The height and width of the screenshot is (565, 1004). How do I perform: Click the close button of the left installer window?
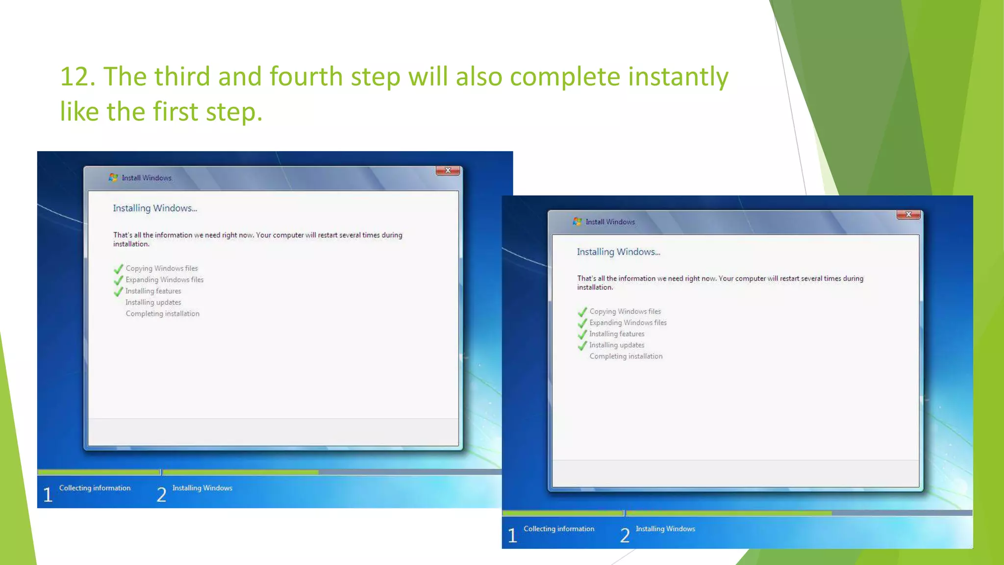[448, 171]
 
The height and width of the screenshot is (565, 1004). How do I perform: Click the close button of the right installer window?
[908, 215]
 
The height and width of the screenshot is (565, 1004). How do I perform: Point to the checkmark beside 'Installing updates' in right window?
[582, 346]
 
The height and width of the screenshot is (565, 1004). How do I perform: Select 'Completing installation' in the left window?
[162, 314]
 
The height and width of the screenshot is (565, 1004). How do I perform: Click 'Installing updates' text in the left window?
[153, 303]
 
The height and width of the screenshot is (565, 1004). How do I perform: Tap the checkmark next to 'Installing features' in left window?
[118, 292]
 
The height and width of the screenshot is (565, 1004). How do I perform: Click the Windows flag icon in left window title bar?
[113, 178]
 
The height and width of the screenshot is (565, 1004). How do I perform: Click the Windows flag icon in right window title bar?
[577, 222]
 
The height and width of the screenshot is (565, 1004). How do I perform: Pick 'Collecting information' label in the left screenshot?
[95, 488]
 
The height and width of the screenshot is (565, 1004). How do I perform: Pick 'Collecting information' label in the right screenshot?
[559, 529]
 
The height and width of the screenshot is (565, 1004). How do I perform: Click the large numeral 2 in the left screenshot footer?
[161, 495]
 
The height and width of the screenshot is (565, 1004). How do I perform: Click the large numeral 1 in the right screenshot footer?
[512, 536]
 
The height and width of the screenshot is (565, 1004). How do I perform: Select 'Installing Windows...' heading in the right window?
[618, 252]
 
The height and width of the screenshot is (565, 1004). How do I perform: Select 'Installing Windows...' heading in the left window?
[155, 208]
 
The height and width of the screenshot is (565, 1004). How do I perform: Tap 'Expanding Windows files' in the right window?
[627, 323]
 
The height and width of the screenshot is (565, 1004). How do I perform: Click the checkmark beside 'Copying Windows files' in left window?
[118, 269]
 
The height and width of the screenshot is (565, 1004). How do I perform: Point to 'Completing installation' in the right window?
[626, 357]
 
